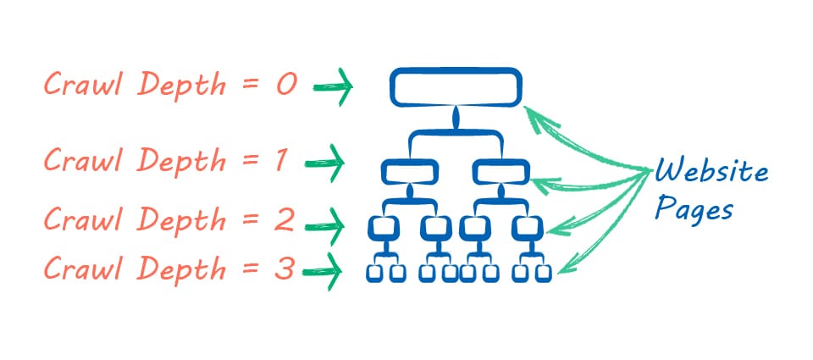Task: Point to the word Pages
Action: [693, 209]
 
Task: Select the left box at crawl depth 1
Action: [410, 173]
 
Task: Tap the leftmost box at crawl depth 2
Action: [384, 228]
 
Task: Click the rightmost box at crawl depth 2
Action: [527, 228]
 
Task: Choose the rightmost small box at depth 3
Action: [544, 273]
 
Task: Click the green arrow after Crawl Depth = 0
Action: [332, 87]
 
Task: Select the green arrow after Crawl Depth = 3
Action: [325, 272]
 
